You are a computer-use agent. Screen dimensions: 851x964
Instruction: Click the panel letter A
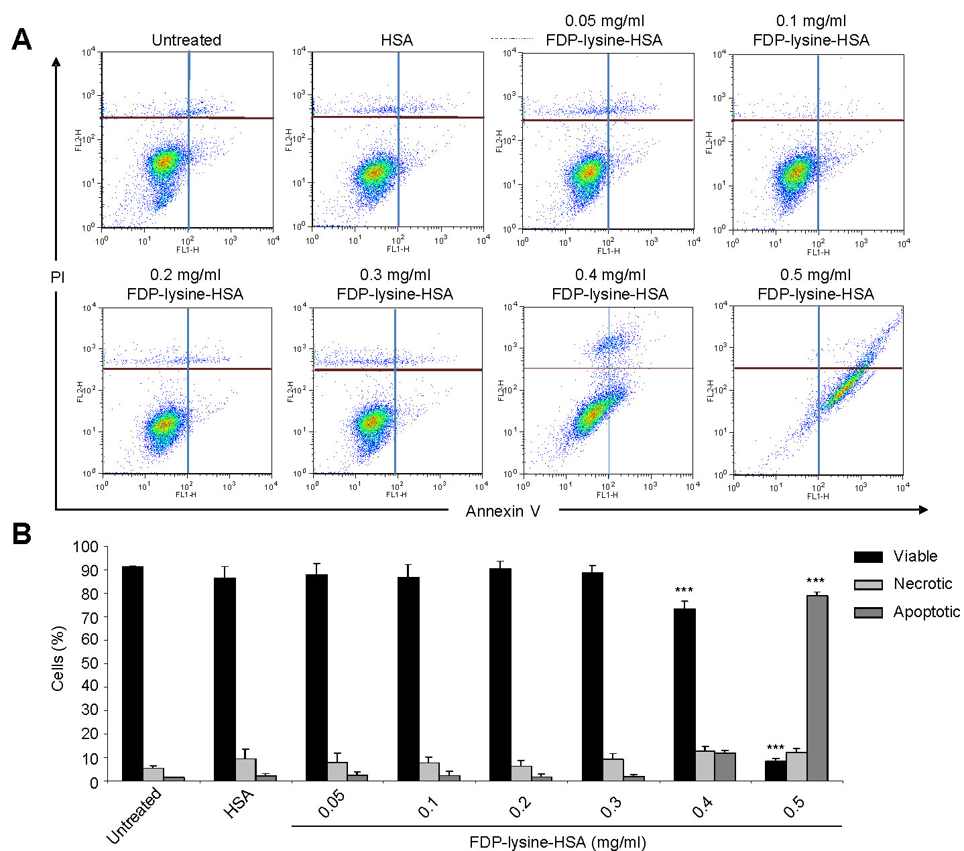[21, 40]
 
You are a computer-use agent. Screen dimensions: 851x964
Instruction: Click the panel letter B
[21, 534]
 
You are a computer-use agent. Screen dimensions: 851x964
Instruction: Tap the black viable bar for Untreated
[133, 673]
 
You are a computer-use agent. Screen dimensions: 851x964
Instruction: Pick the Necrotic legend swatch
[868, 584]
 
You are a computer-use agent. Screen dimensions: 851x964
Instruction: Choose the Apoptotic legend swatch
[868, 612]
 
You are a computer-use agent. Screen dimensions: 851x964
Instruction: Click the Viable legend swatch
[868, 557]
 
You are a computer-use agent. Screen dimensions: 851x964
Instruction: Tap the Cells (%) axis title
[58, 659]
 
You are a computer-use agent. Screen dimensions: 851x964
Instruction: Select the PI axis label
[58, 277]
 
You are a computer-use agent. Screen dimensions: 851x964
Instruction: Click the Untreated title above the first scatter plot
[186, 40]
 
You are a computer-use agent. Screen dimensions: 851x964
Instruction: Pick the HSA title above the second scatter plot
[397, 40]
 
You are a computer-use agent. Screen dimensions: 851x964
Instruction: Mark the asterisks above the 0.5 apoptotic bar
[815, 581]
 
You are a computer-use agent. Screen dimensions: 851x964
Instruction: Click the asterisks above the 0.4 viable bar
[684, 590]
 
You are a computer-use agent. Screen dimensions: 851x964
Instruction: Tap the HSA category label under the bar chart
[239, 803]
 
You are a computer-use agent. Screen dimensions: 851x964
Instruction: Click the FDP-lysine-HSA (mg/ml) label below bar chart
[558, 842]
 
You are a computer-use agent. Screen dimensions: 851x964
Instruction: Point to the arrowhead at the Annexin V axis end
[923, 510]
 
